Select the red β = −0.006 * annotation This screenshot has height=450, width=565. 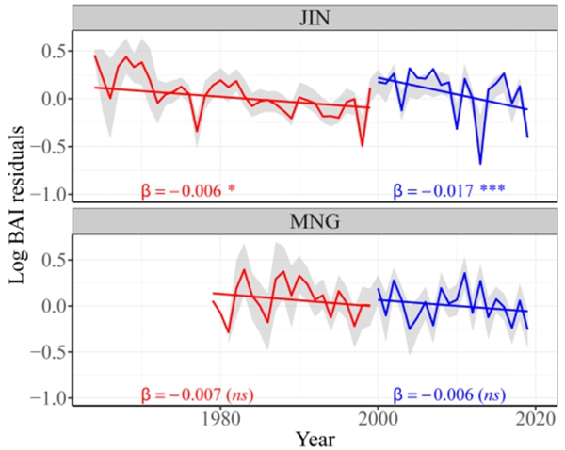click(185, 190)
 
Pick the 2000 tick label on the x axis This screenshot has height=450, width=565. click(379, 417)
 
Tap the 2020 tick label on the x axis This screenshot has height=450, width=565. click(536, 417)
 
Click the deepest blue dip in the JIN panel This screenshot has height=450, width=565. click(480, 164)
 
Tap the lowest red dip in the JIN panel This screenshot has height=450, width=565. click(362, 146)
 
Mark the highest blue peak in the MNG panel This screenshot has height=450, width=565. click(465, 273)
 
